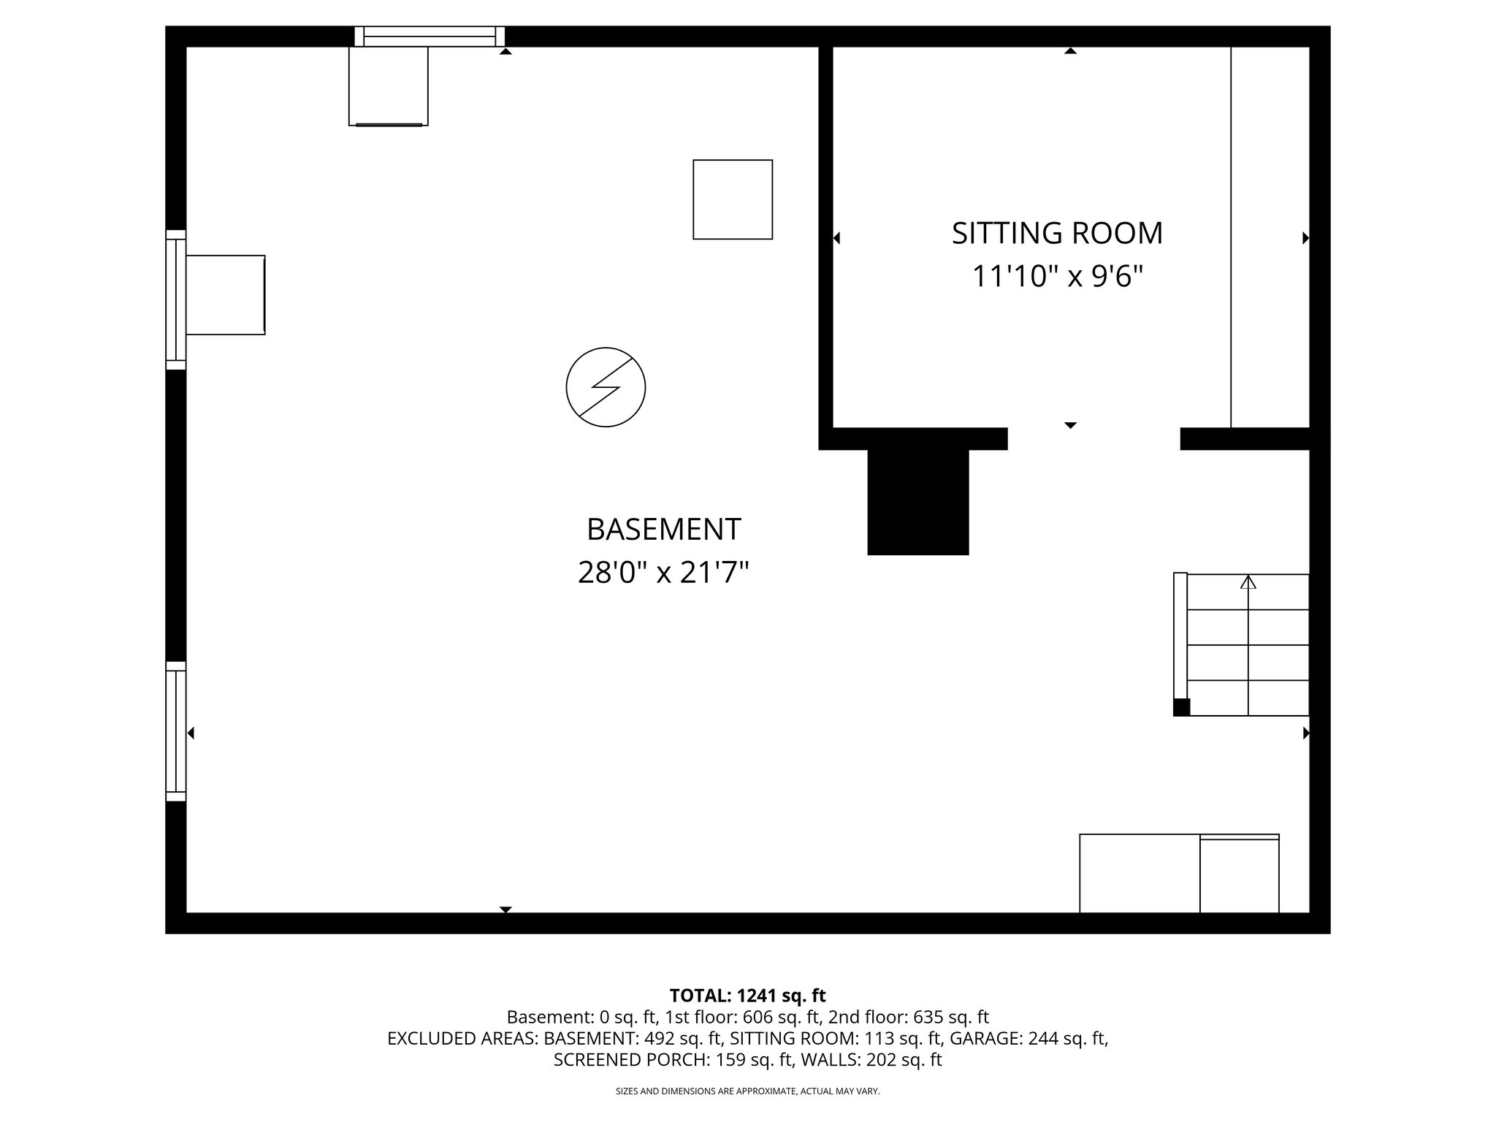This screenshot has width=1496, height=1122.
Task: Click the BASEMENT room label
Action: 663,530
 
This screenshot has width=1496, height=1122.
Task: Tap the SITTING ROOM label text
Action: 1056,234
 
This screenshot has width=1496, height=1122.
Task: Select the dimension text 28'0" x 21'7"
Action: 663,573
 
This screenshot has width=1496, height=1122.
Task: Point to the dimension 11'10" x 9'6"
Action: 1056,277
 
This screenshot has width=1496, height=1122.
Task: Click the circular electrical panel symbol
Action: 606,387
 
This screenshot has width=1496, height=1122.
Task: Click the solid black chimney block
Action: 917,502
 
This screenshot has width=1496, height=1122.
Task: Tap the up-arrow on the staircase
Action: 1248,582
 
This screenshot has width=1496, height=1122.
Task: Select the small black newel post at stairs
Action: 1181,707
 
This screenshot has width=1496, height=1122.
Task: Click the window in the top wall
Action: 430,37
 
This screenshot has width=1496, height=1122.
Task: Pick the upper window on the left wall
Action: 176,299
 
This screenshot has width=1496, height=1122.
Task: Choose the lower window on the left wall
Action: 176,731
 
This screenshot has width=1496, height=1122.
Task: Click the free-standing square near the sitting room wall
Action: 733,199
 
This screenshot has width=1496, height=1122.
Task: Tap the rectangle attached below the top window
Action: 388,86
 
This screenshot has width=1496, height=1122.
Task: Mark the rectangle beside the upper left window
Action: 225,295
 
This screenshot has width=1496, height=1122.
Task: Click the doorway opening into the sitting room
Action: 1094,438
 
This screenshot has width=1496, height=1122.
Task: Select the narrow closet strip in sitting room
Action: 1270,237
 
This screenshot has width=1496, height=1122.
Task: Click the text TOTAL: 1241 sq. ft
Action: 747,996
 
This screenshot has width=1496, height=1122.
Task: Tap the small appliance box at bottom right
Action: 1239,875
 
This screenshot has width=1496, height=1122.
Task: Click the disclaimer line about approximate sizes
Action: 747,1091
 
